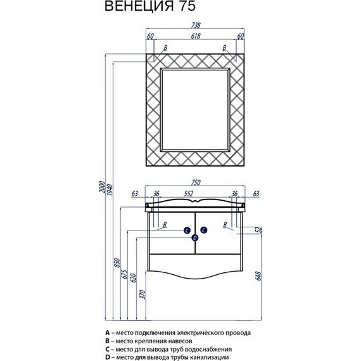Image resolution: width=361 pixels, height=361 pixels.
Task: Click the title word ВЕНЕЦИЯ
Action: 139,6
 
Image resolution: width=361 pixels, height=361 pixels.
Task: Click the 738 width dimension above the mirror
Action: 196,25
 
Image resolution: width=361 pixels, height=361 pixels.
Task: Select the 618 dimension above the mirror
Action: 196,36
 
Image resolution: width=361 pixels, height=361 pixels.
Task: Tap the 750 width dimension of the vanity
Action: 196,182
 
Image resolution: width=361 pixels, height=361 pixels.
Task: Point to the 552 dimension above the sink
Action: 189,194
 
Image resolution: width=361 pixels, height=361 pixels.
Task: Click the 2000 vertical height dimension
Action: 102,187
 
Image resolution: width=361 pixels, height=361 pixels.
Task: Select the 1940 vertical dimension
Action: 110,189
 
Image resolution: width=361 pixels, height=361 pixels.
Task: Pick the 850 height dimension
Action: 117,263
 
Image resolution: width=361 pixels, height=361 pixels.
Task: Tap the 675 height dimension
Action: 124,274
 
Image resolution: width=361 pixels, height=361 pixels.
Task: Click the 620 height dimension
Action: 133,278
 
